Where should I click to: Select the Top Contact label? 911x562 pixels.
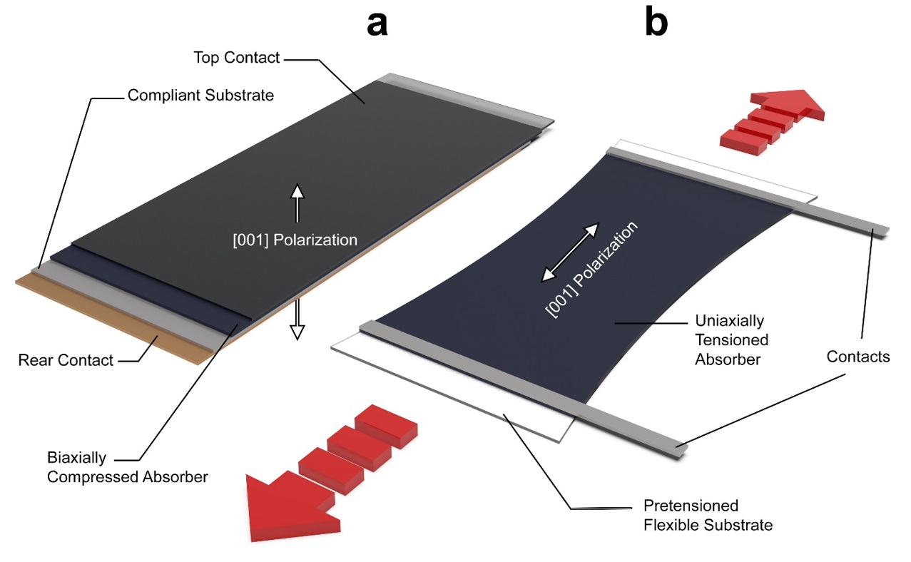(237, 58)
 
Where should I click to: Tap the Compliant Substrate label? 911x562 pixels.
(200, 95)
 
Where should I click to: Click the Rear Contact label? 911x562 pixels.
(66, 360)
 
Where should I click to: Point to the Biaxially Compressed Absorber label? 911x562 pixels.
(127, 467)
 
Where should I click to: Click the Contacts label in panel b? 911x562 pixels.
(858, 356)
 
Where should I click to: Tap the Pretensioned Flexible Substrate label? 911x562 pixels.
(708, 516)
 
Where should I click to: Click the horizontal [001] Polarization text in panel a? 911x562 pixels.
(295, 240)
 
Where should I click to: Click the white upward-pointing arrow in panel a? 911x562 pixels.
(297, 200)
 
